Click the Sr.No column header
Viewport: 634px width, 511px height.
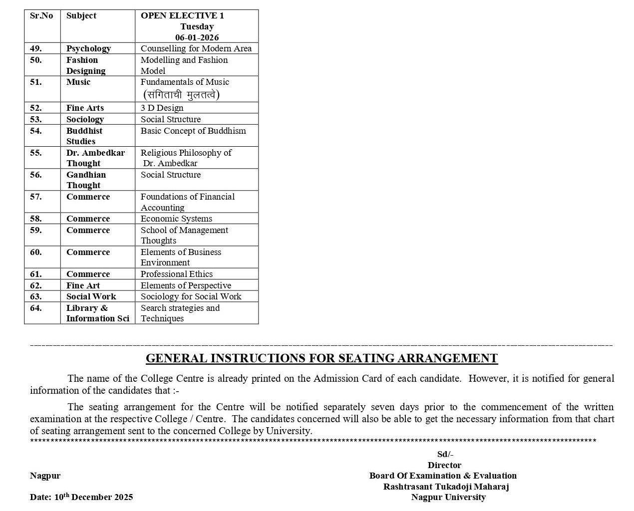point(41,15)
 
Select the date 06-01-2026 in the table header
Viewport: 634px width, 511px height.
point(197,37)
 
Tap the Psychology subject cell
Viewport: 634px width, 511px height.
point(88,48)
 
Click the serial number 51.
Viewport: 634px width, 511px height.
point(36,82)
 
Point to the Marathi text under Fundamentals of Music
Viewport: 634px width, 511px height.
point(181,94)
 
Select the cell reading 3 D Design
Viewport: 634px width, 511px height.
point(162,108)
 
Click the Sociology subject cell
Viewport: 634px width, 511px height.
point(85,119)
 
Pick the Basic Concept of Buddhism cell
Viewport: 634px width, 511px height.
point(193,131)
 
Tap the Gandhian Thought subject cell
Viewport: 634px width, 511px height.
point(86,180)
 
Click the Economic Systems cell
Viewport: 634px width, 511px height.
point(176,219)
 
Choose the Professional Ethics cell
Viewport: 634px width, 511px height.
point(177,274)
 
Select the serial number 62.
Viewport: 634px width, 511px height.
point(36,285)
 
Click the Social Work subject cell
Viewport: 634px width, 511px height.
point(91,296)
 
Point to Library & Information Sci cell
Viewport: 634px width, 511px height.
point(97,313)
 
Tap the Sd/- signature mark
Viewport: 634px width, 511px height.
point(445,454)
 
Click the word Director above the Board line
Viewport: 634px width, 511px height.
point(444,465)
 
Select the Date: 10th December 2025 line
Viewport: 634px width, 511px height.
point(81,497)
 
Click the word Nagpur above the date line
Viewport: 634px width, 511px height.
point(45,476)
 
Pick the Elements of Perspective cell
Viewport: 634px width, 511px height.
point(186,285)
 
